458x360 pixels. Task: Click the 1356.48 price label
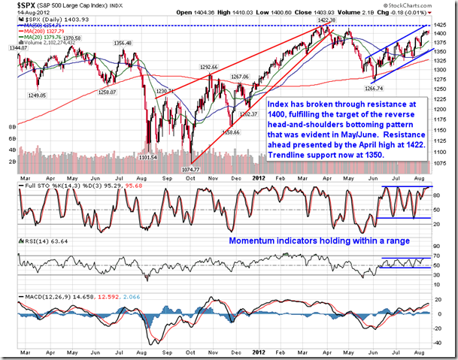[x=123, y=44]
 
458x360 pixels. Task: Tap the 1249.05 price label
[x=37, y=95]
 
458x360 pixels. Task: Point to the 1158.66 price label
[x=230, y=132]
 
